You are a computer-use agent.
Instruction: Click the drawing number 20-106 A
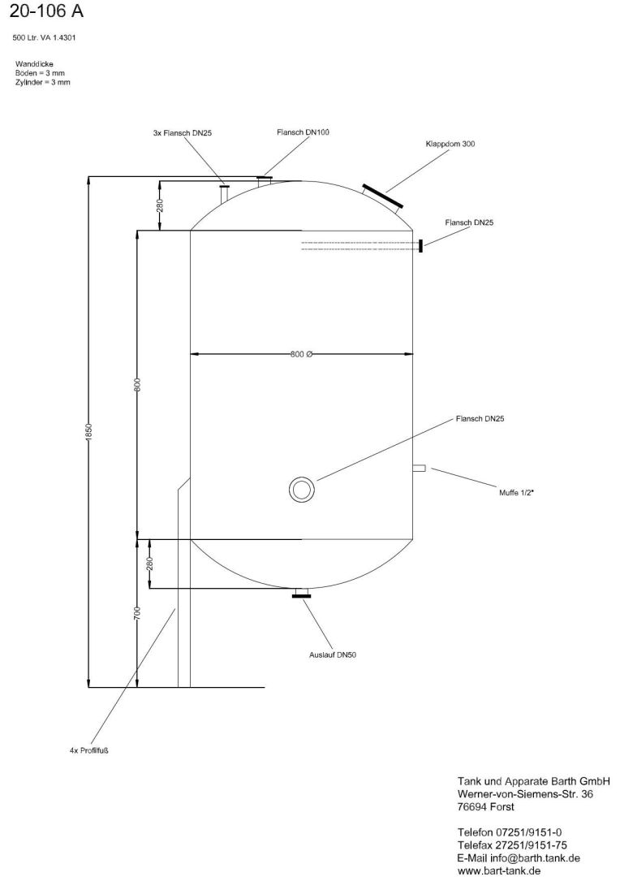tap(45, 12)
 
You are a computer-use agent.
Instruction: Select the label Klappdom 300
tap(450, 144)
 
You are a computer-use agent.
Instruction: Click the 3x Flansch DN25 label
tap(182, 132)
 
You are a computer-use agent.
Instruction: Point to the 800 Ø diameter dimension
tap(301, 354)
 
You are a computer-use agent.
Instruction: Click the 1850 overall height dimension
tap(89, 433)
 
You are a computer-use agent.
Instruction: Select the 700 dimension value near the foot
tap(138, 613)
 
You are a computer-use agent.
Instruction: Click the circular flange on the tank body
tap(302, 490)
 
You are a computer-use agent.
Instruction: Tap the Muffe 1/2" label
tap(516, 491)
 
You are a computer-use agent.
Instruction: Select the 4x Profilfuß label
tap(89, 750)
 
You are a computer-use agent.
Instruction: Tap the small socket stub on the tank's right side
tap(419, 468)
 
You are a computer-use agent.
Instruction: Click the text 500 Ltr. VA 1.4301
tap(45, 37)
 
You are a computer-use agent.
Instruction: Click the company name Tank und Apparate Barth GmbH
tap(534, 781)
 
